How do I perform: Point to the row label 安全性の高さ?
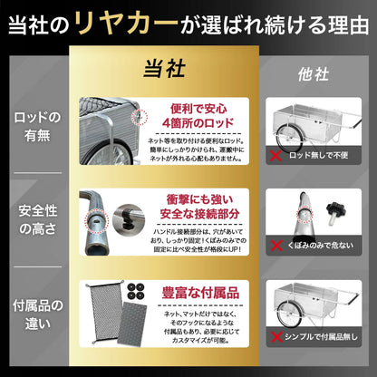37,220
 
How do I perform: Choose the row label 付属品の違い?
37,311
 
